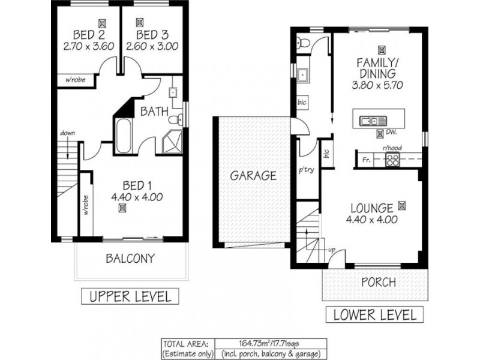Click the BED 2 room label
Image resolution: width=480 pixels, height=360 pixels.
tap(89, 35)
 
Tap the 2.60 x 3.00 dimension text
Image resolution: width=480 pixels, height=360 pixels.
tap(152, 46)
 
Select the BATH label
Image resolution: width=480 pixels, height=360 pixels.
tap(154, 112)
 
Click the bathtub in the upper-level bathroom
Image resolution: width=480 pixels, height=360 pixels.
tap(124, 136)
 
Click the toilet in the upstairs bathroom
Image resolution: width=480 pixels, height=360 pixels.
tap(176, 119)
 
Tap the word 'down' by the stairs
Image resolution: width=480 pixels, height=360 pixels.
tap(67, 133)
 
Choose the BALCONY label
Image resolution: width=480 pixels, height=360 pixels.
tap(130, 259)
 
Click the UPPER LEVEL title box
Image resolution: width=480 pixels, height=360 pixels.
tap(130, 296)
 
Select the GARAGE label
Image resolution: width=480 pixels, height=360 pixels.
tap(253, 176)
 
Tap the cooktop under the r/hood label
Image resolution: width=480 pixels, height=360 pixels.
tap(392, 160)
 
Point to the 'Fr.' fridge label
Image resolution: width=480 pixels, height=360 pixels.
tap(366, 160)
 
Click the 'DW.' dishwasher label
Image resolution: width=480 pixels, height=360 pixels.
tap(392, 132)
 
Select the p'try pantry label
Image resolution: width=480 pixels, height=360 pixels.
tap(307, 170)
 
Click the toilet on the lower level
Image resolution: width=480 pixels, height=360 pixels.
tap(302, 43)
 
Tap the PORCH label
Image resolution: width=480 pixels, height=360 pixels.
tap(379, 282)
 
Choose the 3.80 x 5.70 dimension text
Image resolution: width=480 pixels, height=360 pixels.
tap(377, 85)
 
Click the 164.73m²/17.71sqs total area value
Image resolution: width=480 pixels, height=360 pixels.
tap(271, 343)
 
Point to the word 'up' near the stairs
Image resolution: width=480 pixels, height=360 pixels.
tap(332, 250)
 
